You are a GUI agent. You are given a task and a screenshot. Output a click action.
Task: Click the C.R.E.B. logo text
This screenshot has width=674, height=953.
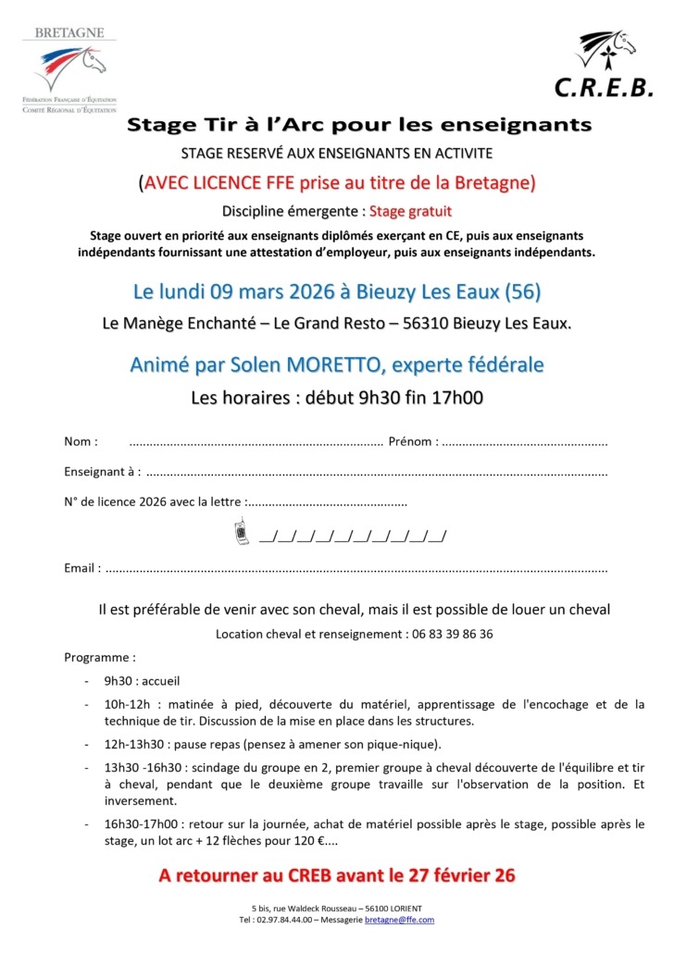(604, 87)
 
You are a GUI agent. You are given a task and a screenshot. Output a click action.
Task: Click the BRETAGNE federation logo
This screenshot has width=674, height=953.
(70, 69)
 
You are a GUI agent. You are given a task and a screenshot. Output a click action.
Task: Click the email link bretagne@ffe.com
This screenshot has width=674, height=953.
(399, 920)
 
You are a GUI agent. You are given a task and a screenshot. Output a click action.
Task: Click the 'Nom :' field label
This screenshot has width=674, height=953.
(81, 441)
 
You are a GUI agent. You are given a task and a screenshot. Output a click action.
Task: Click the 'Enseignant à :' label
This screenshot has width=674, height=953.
(102, 472)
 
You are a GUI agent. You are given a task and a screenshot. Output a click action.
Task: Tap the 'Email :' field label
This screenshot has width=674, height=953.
(82, 568)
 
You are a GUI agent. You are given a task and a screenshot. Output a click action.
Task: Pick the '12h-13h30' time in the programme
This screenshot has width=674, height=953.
(135, 743)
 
